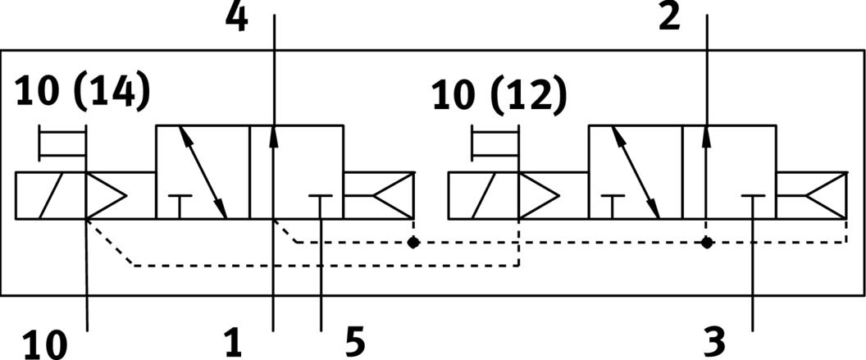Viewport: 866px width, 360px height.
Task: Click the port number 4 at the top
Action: [236, 18]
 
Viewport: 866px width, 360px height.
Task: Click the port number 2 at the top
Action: [670, 18]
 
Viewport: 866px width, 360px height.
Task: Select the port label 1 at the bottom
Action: [234, 343]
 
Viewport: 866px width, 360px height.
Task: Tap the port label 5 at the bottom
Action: [354, 343]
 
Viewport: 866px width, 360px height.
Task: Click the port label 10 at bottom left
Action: [44, 344]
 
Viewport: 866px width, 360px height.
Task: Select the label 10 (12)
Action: [499, 97]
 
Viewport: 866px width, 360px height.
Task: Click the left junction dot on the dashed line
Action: [413, 243]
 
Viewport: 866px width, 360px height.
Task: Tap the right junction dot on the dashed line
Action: [706, 243]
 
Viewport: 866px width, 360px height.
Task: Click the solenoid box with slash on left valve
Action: [51, 196]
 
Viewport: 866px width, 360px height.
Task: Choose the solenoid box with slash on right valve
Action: [484, 196]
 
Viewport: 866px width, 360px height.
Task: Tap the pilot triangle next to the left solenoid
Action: [105, 196]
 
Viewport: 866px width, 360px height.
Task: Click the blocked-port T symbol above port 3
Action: [753, 198]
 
